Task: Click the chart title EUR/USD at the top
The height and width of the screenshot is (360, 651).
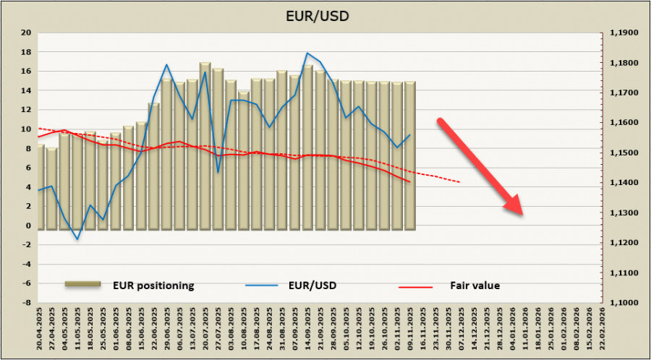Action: coord(325,15)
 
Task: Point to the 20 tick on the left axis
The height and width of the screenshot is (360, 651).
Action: coord(25,33)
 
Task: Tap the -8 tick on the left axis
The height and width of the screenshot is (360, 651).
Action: coord(25,303)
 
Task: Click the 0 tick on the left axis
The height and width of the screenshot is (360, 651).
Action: coord(27,226)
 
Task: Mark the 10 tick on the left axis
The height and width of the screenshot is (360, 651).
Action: coord(25,129)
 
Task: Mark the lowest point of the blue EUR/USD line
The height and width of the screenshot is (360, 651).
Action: coord(77,239)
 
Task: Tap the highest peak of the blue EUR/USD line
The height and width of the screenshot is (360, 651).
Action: coord(307,53)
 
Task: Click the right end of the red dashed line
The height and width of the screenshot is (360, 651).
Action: coord(460,181)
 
